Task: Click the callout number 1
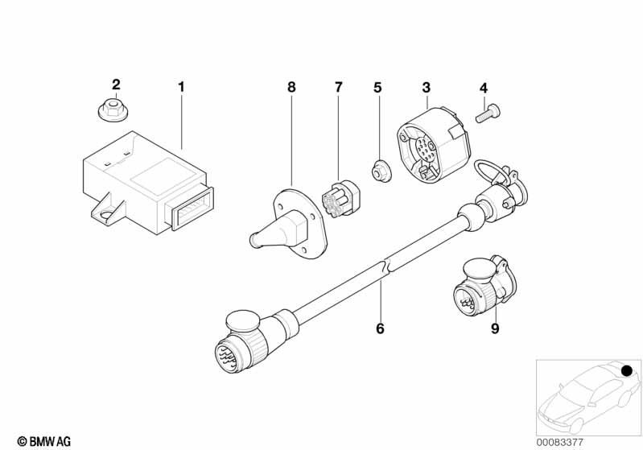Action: (181, 85)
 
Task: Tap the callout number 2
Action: (116, 85)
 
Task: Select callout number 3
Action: (426, 86)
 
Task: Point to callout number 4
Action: (483, 87)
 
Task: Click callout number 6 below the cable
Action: (380, 328)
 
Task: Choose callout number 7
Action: (338, 86)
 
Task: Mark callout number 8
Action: (291, 86)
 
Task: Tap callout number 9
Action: (495, 328)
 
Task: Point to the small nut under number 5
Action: (377, 171)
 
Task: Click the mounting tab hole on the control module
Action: (105, 212)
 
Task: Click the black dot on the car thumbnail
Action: (626, 369)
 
